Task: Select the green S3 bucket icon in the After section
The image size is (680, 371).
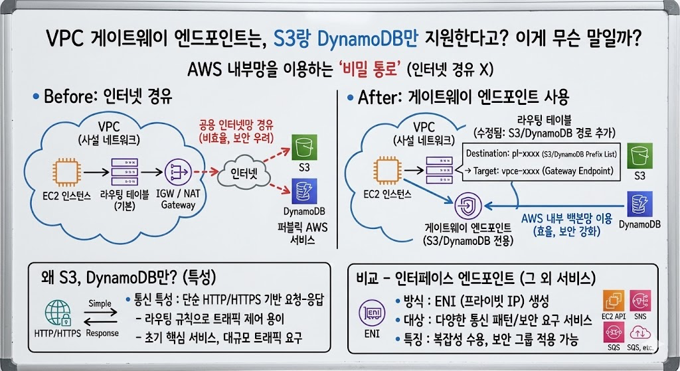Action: [639, 157]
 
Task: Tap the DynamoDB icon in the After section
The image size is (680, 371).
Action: [639, 202]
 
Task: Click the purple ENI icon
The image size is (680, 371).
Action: [372, 312]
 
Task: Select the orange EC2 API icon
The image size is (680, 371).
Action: [614, 303]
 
